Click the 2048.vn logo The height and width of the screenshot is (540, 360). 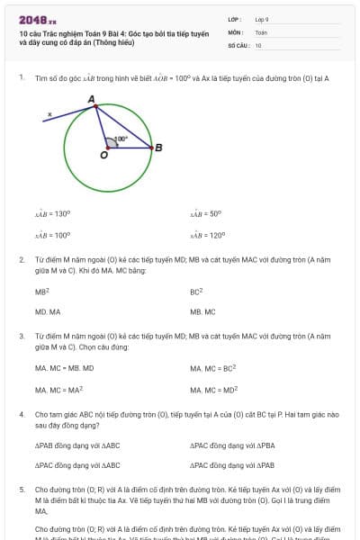(x=37, y=19)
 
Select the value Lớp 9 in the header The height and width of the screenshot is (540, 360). (x=262, y=18)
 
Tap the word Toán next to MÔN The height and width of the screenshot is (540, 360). (x=261, y=31)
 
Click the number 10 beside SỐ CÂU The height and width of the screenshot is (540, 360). (x=258, y=44)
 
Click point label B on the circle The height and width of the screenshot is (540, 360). (x=158, y=148)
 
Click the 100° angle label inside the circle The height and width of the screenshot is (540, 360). (x=121, y=139)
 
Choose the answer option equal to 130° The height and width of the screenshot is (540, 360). (x=52, y=214)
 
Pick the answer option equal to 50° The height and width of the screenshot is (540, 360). (x=206, y=214)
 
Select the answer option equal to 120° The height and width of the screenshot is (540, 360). (x=207, y=235)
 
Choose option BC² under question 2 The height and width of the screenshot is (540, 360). (x=196, y=292)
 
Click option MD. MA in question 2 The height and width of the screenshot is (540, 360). (x=48, y=311)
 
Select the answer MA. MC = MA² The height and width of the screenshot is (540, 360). (x=59, y=390)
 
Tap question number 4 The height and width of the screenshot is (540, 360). (x=22, y=414)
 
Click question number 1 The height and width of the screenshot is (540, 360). (x=22, y=78)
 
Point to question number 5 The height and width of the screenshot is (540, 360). (x=22, y=490)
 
